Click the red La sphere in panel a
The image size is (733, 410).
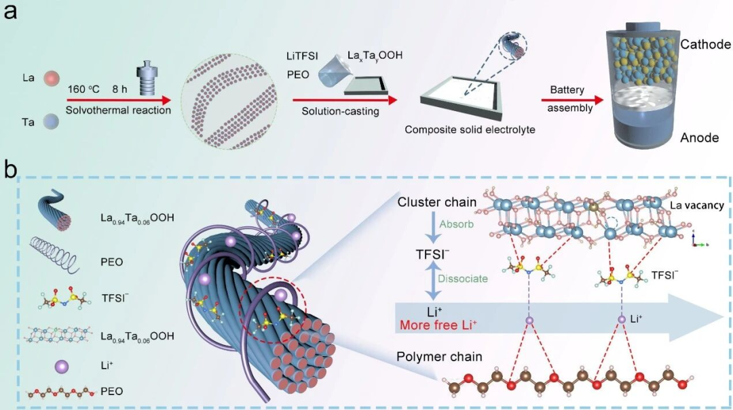(52, 78)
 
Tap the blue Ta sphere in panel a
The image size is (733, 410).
(52, 123)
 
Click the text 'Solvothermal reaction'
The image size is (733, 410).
(118, 110)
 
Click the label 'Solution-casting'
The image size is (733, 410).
(340, 112)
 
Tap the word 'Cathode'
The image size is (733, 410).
(705, 44)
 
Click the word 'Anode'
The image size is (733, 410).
(699, 138)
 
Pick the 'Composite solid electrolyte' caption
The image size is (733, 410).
(470, 130)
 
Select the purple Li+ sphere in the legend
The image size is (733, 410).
(61, 366)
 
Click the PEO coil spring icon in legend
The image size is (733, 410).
(55, 254)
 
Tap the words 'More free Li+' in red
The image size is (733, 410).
(438, 325)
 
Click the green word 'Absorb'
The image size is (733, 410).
(456, 224)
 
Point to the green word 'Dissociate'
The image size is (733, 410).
(462, 279)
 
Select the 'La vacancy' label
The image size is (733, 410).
(697, 205)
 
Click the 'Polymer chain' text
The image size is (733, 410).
(439, 356)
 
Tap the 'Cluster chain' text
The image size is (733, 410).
(436, 202)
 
